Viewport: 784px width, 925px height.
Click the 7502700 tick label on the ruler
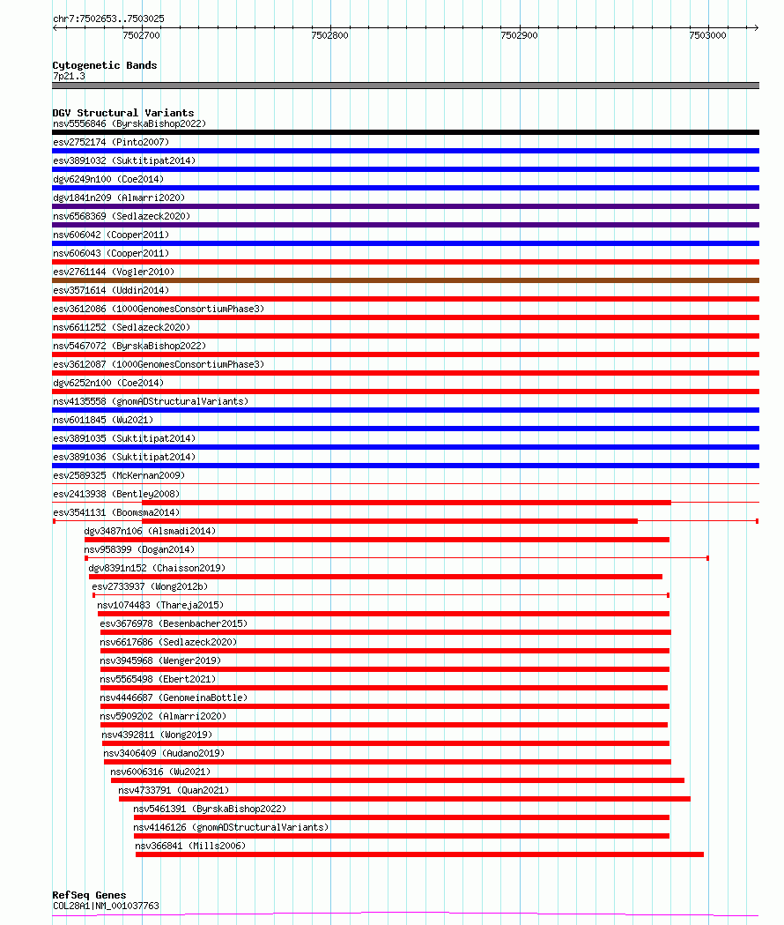(x=141, y=36)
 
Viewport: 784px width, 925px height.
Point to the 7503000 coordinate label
(x=708, y=36)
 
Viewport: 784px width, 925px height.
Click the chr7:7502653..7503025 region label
(x=108, y=19)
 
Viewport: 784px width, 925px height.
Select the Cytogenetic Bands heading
(x=104, y=65)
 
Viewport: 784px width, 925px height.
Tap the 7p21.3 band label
(x=69, y=77)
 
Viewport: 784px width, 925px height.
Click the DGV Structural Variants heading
(x=122, y=113)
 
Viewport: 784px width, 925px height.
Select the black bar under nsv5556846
(x=405, y=132)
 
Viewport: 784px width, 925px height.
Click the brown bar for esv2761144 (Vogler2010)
(x=405, y=280)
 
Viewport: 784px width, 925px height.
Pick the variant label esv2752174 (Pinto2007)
(x=110, y=142)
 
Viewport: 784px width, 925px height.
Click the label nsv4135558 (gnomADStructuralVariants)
(x=150, y=401)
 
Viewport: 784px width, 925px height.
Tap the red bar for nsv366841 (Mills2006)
(x=419, y=854)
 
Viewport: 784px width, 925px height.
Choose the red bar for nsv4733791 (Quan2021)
(x=404, y=799)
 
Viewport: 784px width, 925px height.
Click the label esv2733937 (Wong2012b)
(x=150, y=586)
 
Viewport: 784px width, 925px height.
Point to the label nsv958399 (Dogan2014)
(x=139, y=549)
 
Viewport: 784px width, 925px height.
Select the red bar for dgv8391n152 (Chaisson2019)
(x=375, y=577)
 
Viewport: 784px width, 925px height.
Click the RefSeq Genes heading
(x=89, y=895)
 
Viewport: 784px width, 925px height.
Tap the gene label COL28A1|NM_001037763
(x=106, y=906)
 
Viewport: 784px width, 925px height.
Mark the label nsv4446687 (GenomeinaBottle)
(x=174, y=697)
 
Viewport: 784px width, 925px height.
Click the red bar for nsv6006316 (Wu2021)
(x=397, y=780)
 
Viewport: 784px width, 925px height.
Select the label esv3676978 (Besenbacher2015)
(x=174, y=623)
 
